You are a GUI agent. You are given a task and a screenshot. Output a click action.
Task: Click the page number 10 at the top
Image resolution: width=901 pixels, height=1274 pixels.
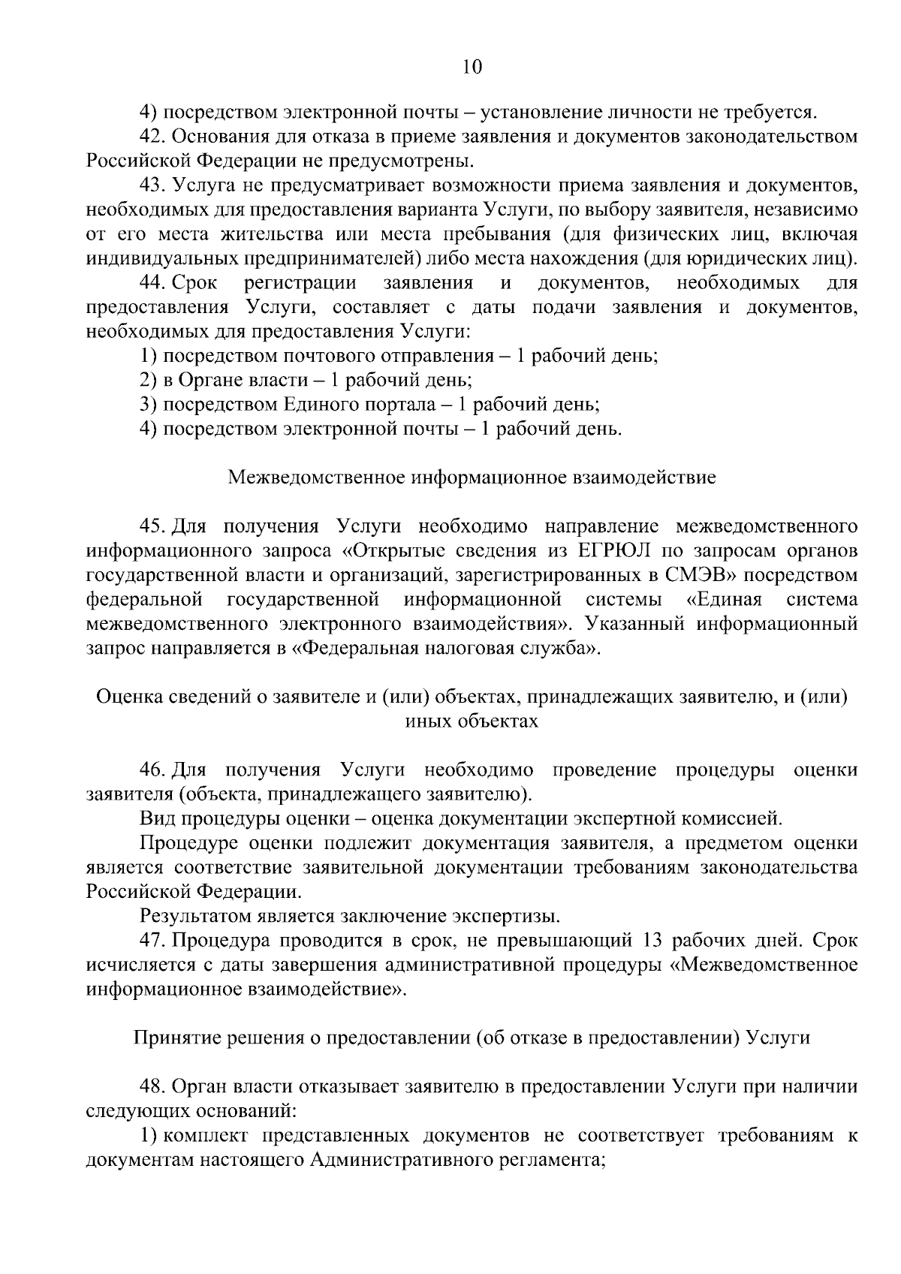[472, 67]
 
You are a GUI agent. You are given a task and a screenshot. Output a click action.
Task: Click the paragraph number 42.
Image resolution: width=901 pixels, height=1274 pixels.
[152, 137]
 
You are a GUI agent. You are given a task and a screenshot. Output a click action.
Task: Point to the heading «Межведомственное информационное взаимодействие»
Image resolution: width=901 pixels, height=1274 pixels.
[472, 477]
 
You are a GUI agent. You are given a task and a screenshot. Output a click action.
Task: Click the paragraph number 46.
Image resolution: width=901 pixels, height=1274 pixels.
[152, 770]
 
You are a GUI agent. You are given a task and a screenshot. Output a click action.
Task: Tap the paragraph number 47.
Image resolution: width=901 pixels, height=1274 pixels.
[152, 941]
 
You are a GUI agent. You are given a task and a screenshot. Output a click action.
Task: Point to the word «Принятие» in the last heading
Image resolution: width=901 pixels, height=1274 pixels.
[173, 1038]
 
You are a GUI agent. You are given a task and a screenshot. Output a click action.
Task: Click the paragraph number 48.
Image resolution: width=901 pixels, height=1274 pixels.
[152, 1086]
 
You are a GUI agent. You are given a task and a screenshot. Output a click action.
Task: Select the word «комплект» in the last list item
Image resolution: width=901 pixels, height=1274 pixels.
[201, 1135]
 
